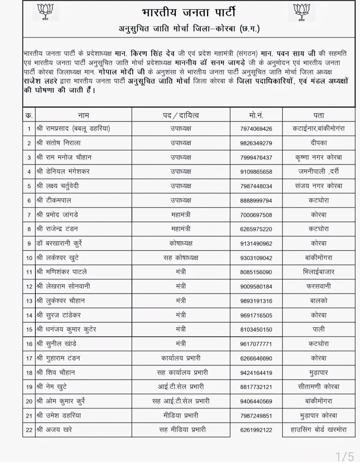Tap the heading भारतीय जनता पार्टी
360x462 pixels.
(189, 12)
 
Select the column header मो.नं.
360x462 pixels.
(256, 115)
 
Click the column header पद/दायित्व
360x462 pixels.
(181, 115)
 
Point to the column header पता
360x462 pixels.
(318, 115)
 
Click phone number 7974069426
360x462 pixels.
(256, 129)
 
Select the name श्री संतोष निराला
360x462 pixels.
(58, 143)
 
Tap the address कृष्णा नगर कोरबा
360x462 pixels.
(318, 157)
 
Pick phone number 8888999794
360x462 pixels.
(256, 200)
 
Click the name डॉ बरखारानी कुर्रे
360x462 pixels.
(59, 243)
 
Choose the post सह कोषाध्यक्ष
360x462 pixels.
(181, 258)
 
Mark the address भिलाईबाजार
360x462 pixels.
(318, 272)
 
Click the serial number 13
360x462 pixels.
(29, 301)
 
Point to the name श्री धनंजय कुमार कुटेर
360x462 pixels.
(66, 329)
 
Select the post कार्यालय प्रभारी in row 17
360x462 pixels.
(181, 358)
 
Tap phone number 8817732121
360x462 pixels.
(256, 387)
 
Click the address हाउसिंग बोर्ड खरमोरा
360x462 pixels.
(318, 430)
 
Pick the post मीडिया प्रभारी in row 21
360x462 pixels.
(181, 416)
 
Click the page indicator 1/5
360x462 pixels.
(345, 456)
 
